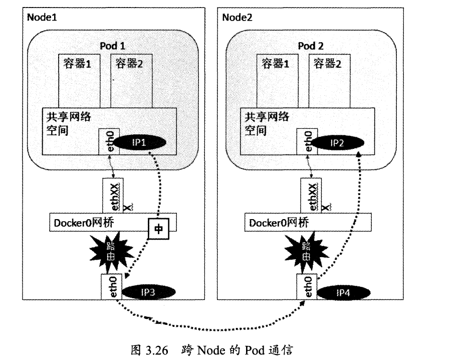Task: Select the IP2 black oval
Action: click(x=336, y=143)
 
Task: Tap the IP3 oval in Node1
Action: click(x=149, y=291)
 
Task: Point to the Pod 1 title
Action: click(x=113, y=46)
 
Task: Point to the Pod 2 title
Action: click(x=311, y=46)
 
